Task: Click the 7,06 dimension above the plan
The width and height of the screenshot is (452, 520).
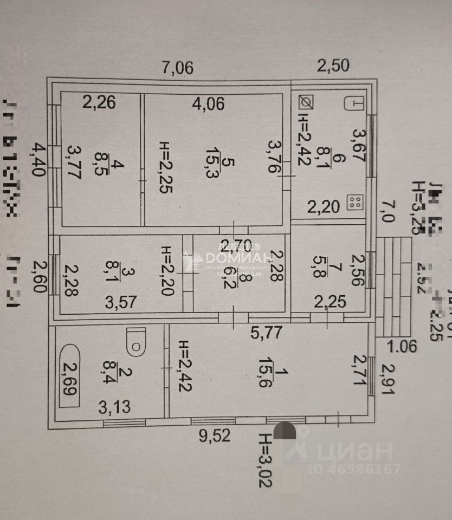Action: click(178, 68)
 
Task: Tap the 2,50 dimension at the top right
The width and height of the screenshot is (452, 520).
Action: click(333, 66)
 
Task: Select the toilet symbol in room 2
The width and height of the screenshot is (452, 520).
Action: click(135, 340)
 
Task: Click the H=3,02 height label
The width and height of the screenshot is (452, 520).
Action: click(265, 460)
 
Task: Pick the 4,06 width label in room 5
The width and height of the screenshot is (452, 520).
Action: click(208, 103)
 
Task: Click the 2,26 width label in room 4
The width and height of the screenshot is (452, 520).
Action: click(99, 102)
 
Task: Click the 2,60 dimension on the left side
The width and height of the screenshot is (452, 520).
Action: click(38, 276)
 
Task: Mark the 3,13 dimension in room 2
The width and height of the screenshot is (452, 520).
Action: click(114, 406)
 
